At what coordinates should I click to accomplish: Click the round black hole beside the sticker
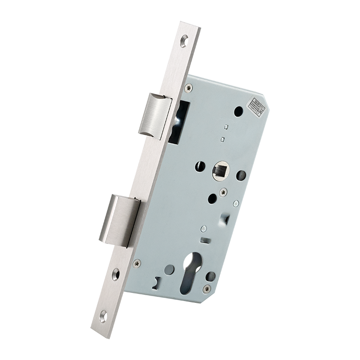coord(238,110)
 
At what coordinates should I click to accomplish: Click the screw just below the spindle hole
coord(223,193)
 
